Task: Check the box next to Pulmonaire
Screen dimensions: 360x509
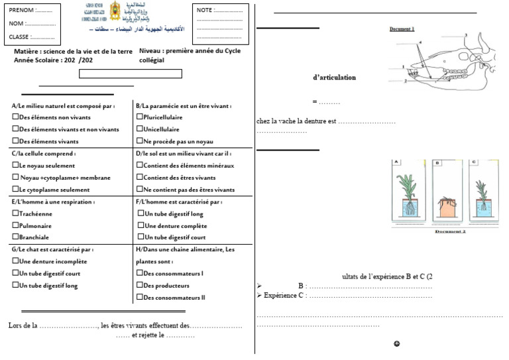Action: [15, 225]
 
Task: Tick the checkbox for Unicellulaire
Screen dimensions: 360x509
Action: [139, 129]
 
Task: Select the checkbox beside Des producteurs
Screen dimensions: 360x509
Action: [139, 285]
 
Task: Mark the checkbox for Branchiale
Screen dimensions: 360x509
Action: [15, 237]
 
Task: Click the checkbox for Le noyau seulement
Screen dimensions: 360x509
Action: [15, 165]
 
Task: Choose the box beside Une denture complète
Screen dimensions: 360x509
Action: [140, 225]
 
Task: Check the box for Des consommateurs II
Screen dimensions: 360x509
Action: [139, 298]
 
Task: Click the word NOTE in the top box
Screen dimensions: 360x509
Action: [204, 11]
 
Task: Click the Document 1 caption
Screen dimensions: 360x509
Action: [401, 29]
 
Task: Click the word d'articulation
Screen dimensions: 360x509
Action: [334, 78]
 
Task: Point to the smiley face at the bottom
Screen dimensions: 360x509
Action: [396, 344]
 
